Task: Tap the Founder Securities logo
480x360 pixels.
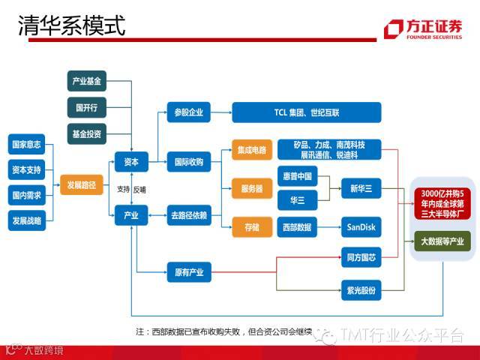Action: tap(423, 28)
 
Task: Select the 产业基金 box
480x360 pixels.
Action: tap(87, 80)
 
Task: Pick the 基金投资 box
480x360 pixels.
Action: tap(87, 133)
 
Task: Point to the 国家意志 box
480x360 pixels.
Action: tap(26, 142)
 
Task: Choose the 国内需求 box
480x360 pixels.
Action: tap(26, 194)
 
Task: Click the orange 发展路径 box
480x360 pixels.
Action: tap(82, 184)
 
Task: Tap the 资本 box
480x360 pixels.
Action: tap(131, 161)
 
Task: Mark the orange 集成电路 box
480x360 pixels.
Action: tap(251, 150)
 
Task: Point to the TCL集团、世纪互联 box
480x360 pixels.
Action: tap(306, 112)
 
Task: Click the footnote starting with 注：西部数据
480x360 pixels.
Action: tap(225, 331)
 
